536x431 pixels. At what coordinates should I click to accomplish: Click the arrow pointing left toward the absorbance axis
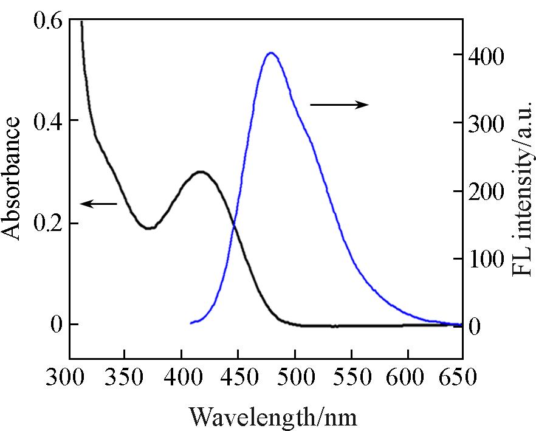point(98,204)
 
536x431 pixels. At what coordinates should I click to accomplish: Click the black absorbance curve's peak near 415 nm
point(200,172)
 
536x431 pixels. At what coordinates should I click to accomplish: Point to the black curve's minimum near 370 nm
point(149,229)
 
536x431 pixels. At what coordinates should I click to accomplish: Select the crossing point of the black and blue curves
point(234,226)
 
